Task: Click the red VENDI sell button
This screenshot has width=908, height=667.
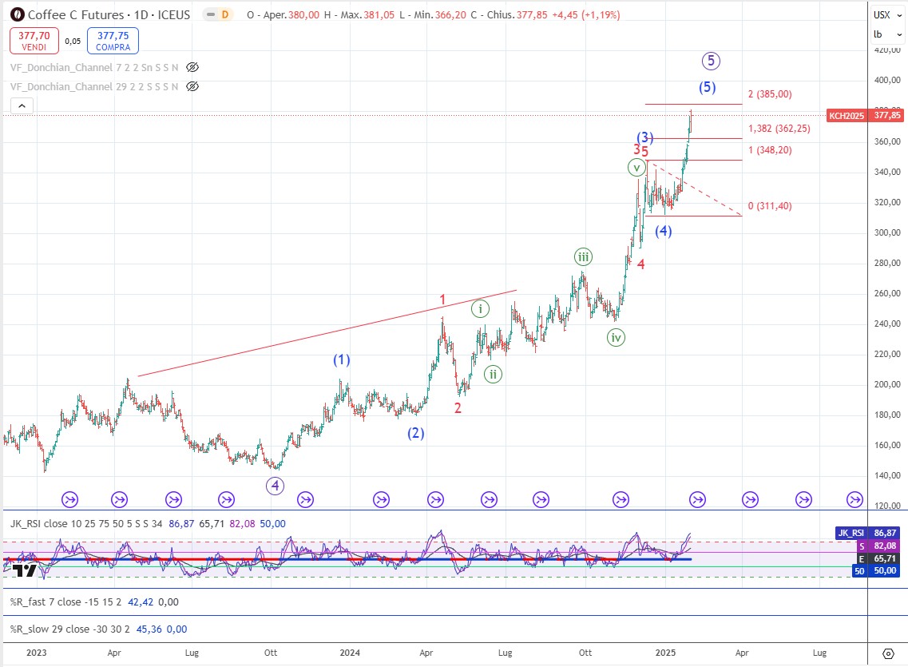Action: click(34, 40)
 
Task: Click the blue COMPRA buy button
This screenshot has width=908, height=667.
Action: click(114, 40)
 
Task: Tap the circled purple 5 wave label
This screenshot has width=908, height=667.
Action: click(712, 60)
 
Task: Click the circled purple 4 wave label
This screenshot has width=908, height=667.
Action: click(275, 485)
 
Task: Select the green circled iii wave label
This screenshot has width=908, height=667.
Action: click(584, 256)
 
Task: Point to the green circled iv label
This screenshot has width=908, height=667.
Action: click(616, 337)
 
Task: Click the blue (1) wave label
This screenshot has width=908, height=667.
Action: click(342, 360)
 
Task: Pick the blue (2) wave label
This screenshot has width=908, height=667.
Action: click(415, 434)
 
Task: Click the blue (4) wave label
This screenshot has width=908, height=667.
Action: click(663, 231)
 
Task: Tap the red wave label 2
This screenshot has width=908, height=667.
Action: click(458, 408)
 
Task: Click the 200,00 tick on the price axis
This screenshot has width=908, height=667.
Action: click(884, 385)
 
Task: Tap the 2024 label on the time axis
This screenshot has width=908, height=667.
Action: click(349, 653)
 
